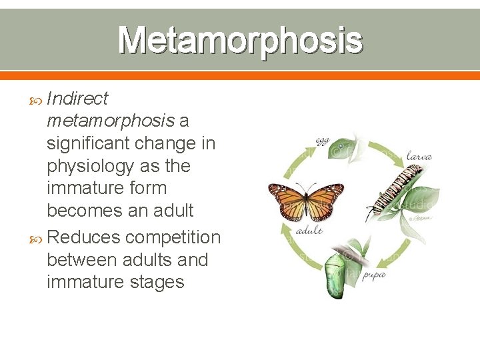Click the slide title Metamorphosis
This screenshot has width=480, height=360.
(240, 40)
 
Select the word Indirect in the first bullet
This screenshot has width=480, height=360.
(77, 99)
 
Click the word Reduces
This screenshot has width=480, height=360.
(84, 237)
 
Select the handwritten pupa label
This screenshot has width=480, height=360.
(374, 273)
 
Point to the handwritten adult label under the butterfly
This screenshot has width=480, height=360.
(309, 230)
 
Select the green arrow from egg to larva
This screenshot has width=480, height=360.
(382, 145)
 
